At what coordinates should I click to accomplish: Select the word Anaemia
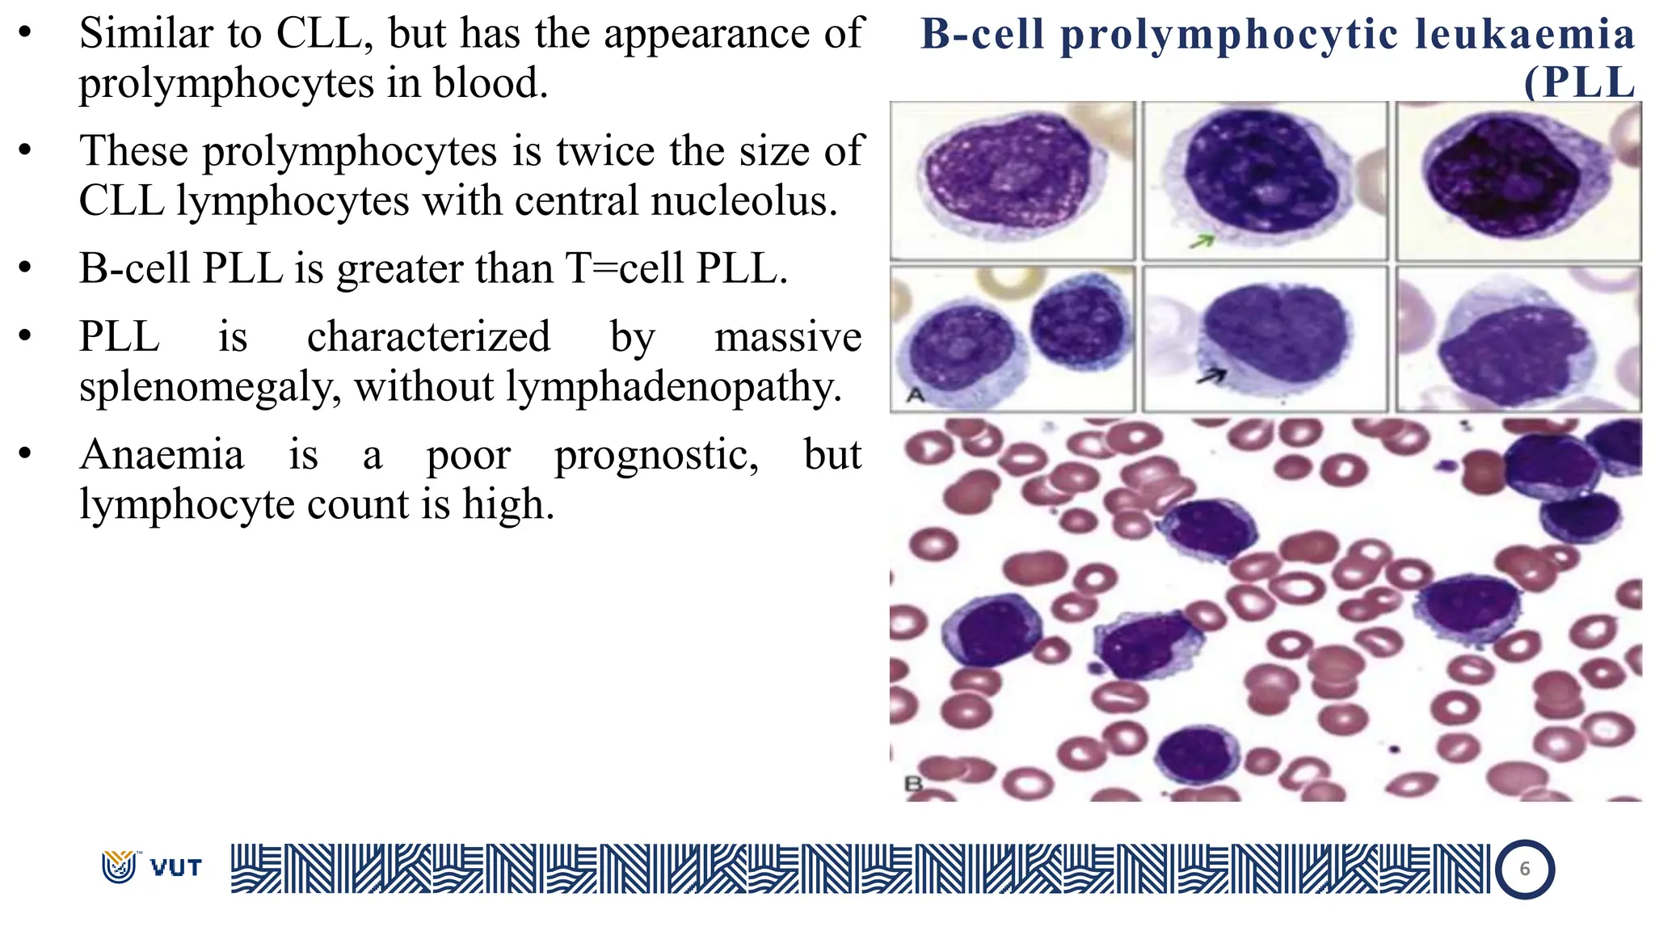point(162,454)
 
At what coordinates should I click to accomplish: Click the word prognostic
point(656,456)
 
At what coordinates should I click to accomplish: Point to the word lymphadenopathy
point(674,387)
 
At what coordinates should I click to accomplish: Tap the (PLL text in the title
point(1579,82)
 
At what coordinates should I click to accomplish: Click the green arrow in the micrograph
point(1202,241)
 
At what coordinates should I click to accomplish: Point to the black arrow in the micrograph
point(1211,376)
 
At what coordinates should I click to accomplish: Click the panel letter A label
point(916,394)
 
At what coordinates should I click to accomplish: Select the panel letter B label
point(913,783)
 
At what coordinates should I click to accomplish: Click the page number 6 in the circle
point(1524,869)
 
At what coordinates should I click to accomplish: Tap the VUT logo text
point(175,868)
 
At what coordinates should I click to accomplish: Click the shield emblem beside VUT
point(119,866)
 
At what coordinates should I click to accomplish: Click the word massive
point(788,337)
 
